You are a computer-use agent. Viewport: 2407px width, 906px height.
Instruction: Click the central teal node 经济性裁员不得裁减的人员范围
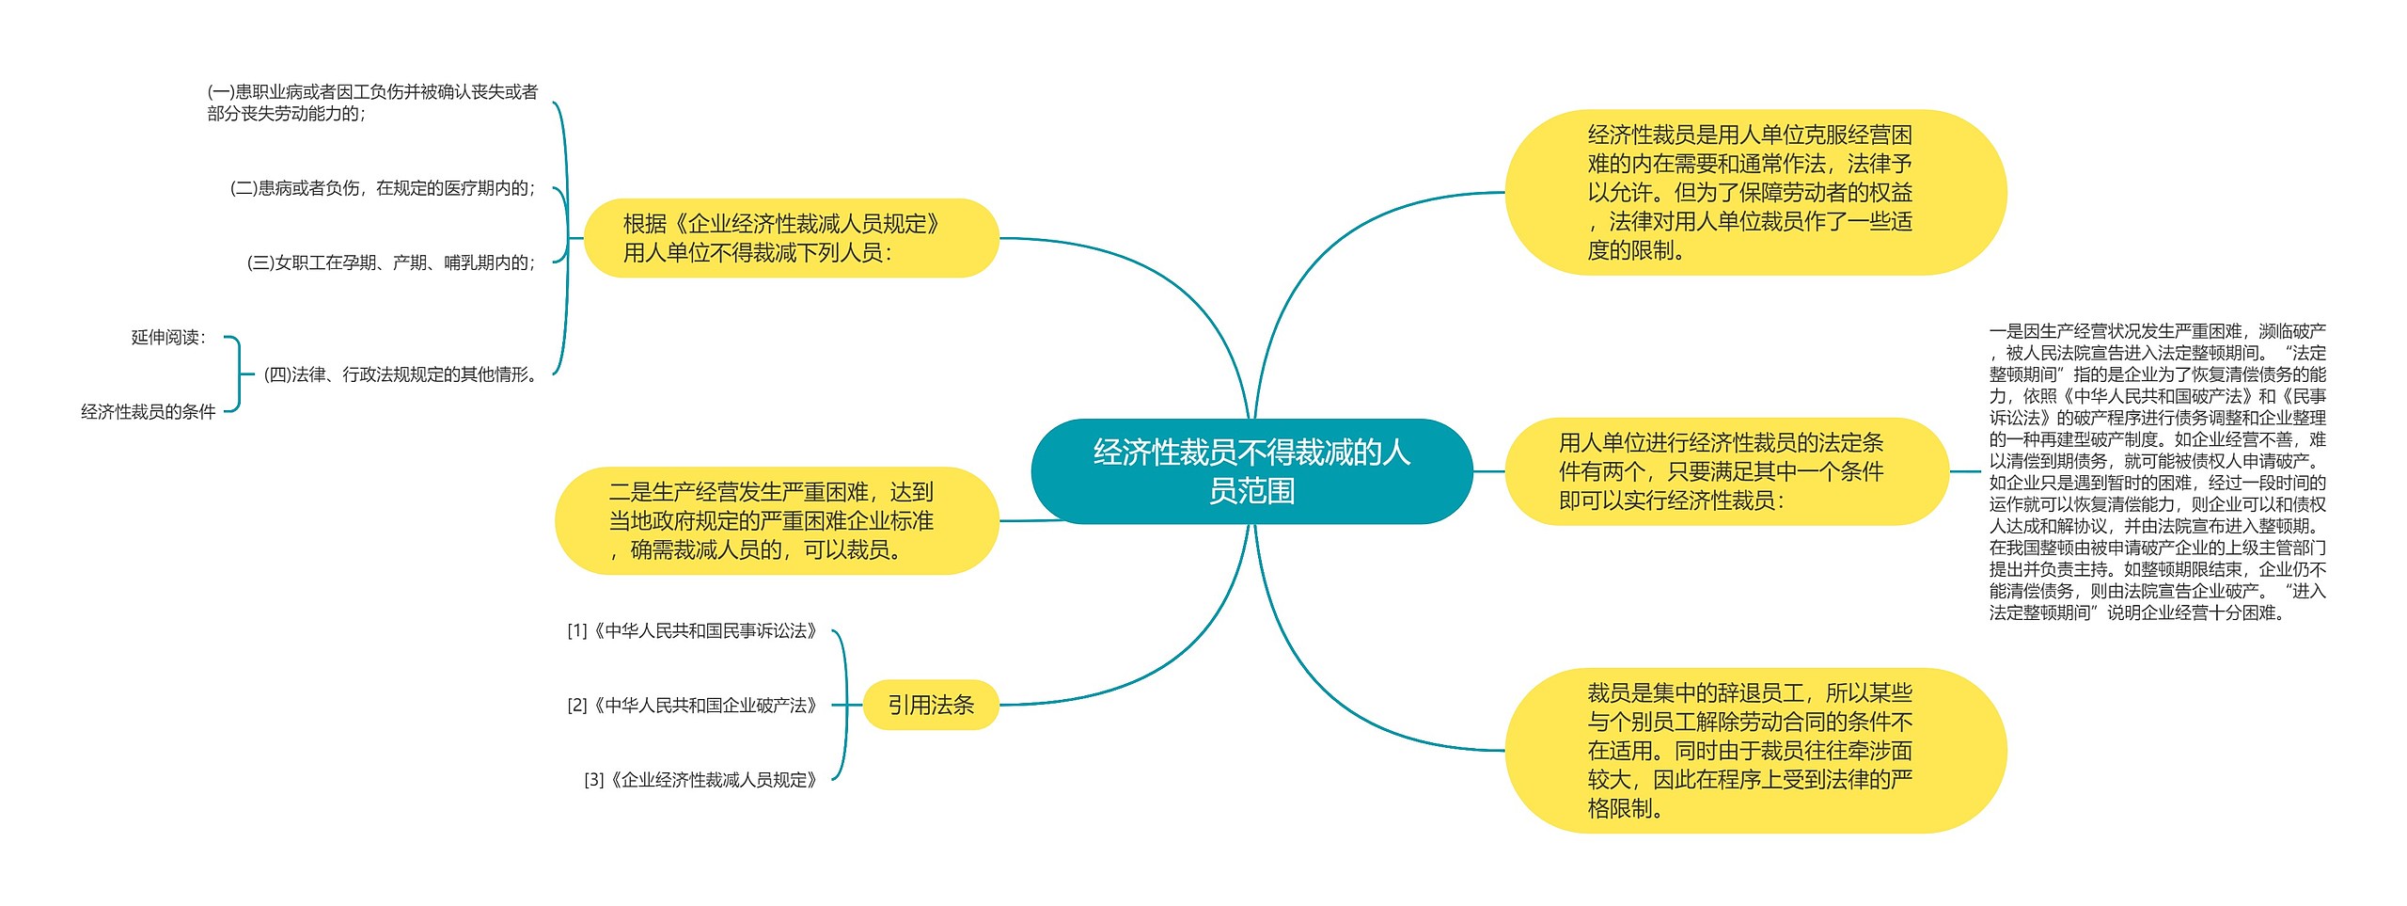point(1251,471)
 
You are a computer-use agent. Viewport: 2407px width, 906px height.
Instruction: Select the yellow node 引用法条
point(930,705)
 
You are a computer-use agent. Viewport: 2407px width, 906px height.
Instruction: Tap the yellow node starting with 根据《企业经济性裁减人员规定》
point(790,238)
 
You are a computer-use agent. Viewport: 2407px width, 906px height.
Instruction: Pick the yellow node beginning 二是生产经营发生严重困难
point(776,520)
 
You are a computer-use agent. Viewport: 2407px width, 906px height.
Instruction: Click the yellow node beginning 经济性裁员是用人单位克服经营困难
point(1754,193)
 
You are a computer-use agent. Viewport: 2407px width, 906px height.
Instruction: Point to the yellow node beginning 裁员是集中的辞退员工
point(1754,750)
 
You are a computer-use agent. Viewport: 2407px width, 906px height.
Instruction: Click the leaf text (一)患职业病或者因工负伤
point(372,103)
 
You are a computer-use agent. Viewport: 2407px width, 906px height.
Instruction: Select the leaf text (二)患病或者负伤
point(382,188)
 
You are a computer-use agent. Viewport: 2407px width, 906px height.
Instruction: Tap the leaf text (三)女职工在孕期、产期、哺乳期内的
point(390,262)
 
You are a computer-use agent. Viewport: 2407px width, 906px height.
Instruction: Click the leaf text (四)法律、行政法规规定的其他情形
point(401,374)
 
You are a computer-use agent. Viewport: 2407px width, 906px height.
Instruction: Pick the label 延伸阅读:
point(168,337)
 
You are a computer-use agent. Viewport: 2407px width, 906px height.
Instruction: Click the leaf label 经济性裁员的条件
point(149,411)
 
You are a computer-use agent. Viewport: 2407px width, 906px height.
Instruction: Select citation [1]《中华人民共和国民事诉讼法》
point(692,630)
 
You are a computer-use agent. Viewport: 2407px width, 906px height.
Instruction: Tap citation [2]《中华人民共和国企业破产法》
point(692,705)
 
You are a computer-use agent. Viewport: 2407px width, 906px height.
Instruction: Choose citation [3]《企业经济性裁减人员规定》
point(700,779)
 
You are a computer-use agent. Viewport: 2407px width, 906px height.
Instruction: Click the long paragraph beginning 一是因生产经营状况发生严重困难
point(2157,471)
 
